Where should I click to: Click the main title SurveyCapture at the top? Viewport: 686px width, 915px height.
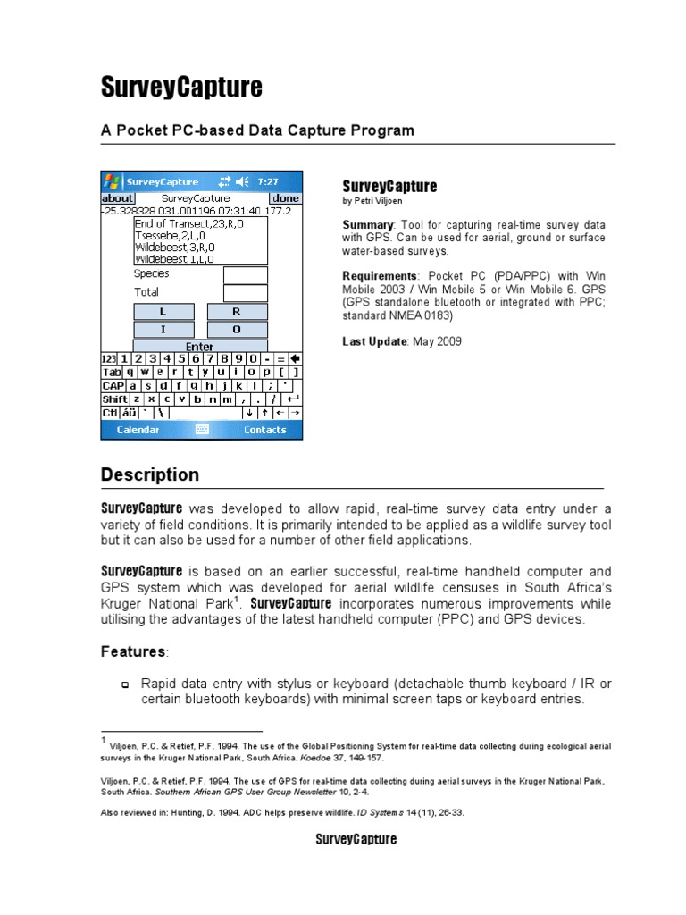(181, 87)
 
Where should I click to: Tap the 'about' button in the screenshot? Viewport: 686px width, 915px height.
(117, 198)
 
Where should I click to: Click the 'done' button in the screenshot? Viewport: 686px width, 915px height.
(286, 198)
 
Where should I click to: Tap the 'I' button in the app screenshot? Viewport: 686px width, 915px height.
(163, 329)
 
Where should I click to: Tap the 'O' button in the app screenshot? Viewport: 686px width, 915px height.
(237, 329)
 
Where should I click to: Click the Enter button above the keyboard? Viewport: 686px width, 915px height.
(200, 347)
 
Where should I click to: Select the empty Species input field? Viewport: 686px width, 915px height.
(245, 274)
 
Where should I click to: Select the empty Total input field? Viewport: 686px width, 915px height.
(245, 293)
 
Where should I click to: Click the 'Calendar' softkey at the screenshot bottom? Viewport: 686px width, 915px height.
(138, 430)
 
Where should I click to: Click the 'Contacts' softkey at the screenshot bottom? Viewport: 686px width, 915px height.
(264, 430)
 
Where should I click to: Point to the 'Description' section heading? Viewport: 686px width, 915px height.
(150, 474)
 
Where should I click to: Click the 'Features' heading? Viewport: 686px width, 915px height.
(133, 651)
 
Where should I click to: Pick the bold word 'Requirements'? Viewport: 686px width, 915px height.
(380, 276)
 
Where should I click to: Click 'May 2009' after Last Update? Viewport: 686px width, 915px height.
(437, 341)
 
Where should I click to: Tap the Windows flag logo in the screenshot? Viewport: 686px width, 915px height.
(113, 180)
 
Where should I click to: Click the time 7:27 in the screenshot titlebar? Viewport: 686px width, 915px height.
(267, 180)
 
